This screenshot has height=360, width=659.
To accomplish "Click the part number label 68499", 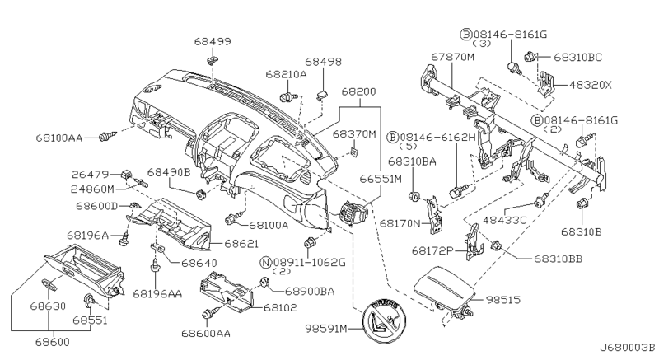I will click(213, 40).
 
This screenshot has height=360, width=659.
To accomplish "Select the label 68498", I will click(323, 62).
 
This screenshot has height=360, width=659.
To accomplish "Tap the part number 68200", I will click(359, 95).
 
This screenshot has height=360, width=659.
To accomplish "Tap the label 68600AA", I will click(207, 334).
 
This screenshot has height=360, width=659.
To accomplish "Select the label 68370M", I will click(354, 133).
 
